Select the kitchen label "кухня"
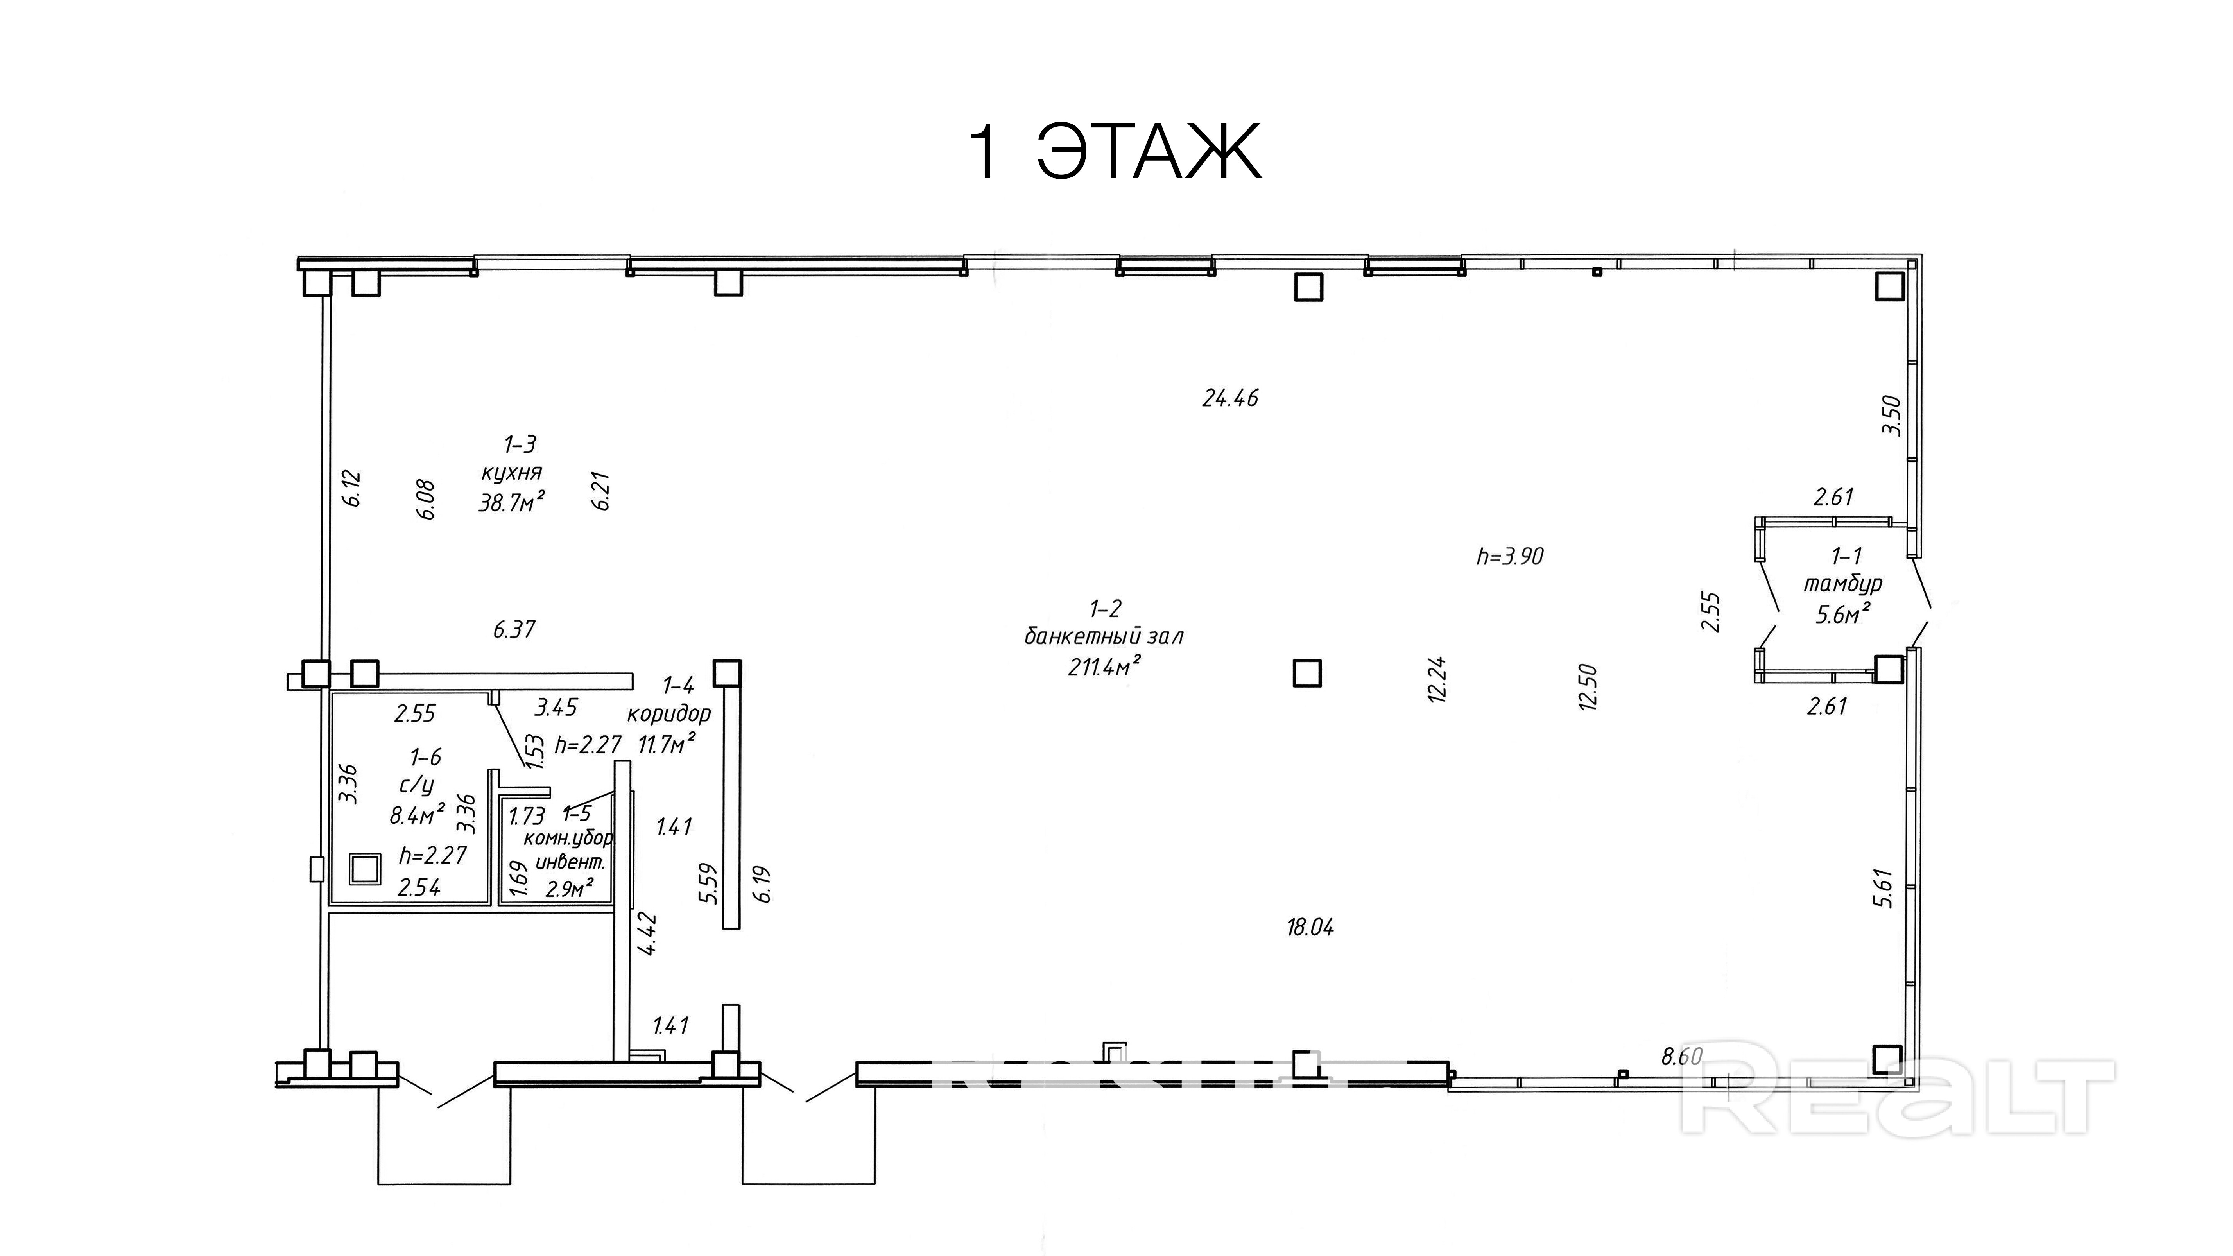[x=511, y=472]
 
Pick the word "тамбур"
[x=1842, y=583]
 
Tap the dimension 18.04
[x=1310, y=928]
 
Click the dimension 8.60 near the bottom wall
[x=1682, y=1057]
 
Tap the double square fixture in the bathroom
[x=365, y=869]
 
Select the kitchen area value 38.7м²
[x=511, y=501]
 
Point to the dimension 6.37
[x=514, y=629]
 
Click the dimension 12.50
[x=1588, y=687]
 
